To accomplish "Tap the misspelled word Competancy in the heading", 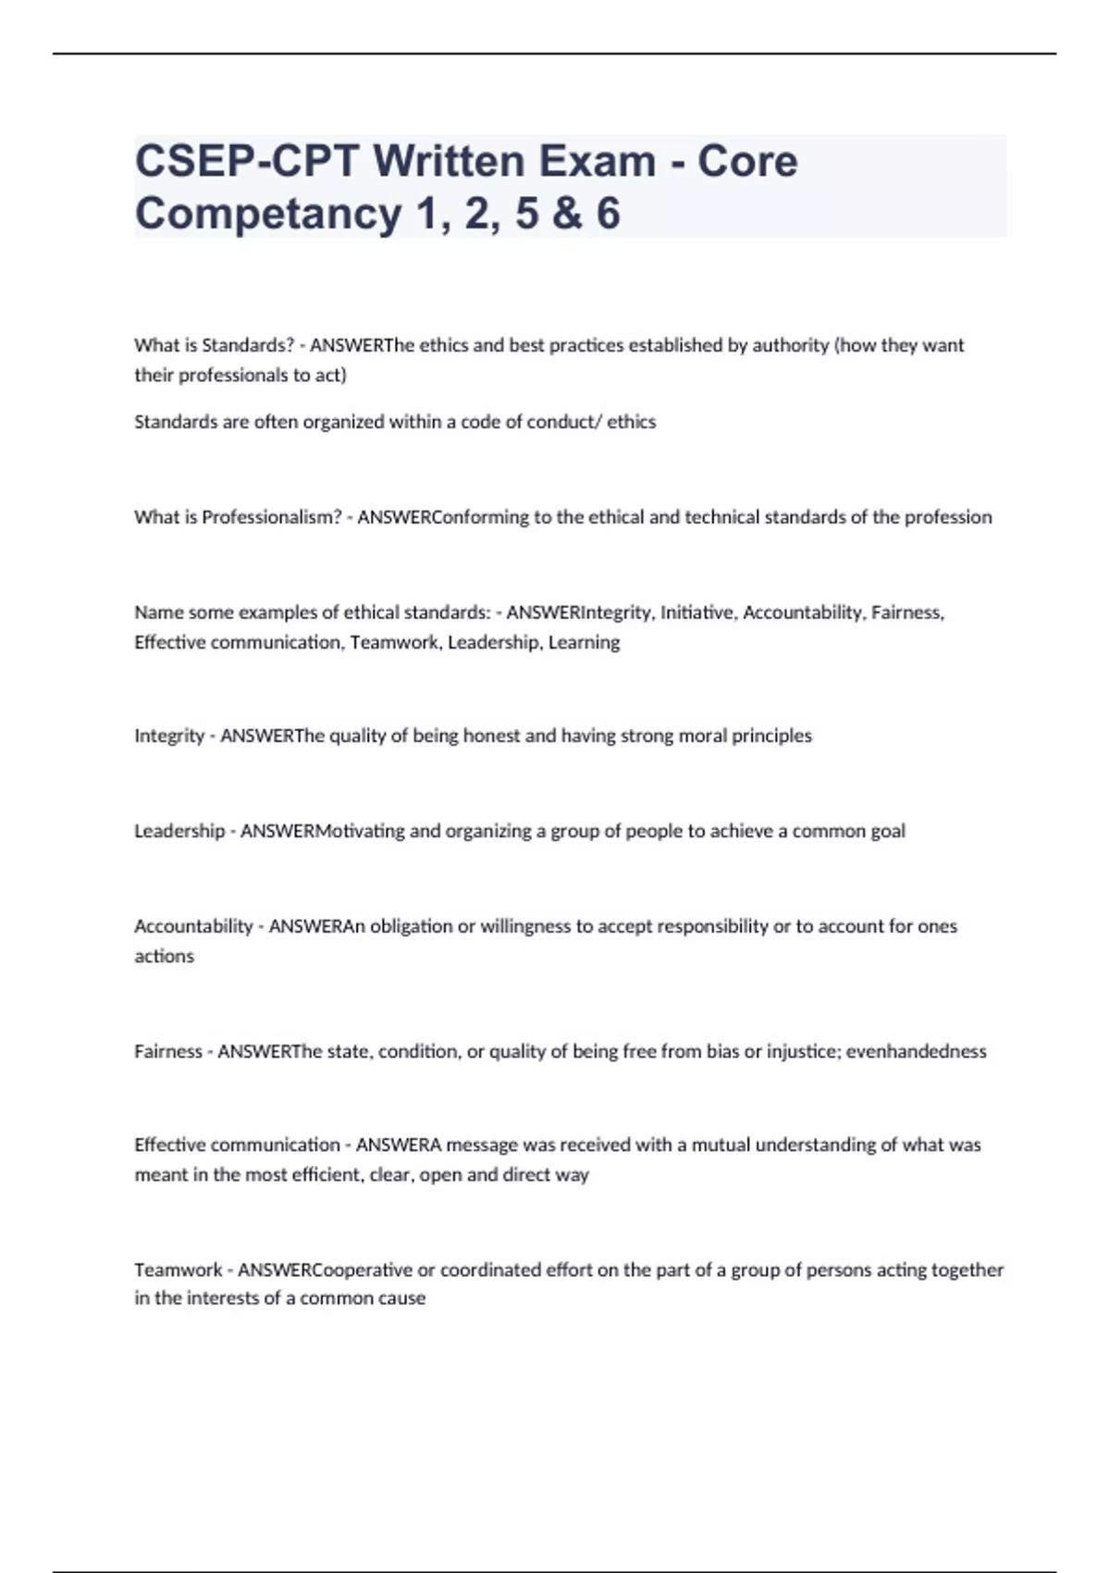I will [x=268, y=214].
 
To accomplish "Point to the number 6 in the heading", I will [x=608, y=214].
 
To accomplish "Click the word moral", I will [x=703, y=736].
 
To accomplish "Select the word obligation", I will [x=411, y=926].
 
